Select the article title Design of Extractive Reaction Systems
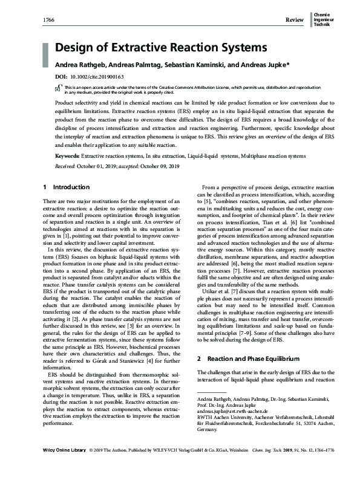click(161, 47)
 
